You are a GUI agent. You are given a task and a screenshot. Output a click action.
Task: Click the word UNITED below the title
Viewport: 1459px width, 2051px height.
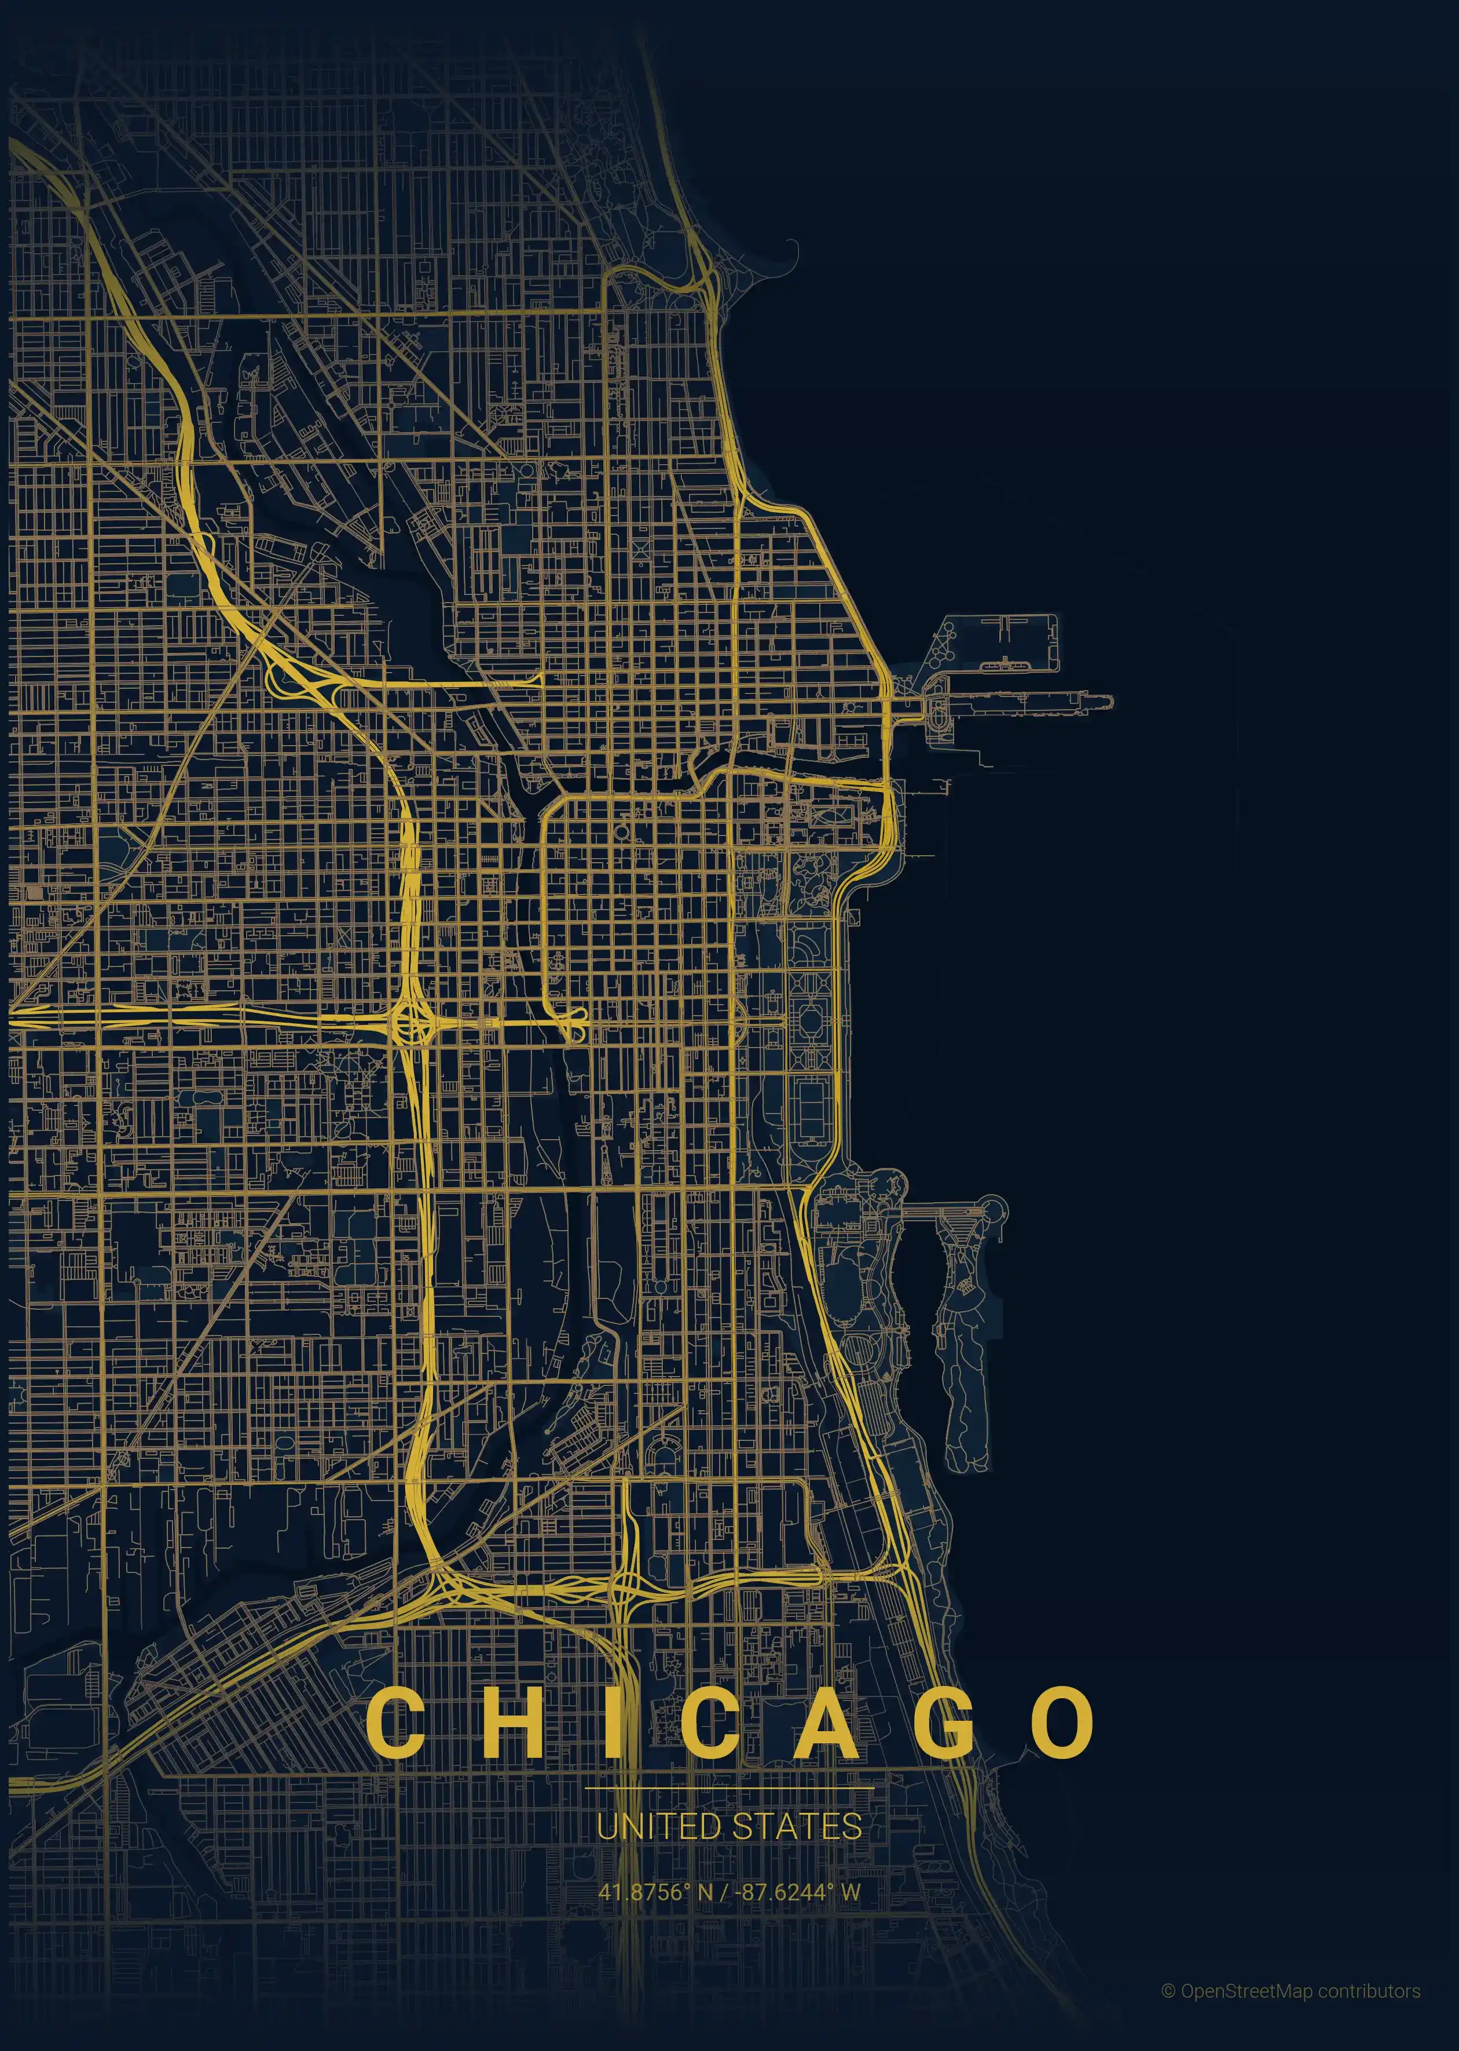tap(658, 1826)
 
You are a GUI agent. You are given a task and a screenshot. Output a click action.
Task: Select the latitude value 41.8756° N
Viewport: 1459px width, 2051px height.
tap(655, 1892)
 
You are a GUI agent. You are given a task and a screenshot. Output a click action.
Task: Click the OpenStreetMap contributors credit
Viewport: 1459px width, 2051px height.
tap(1300, 1991)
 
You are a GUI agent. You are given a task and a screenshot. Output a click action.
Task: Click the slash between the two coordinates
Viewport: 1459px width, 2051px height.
tap(725, 1892)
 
